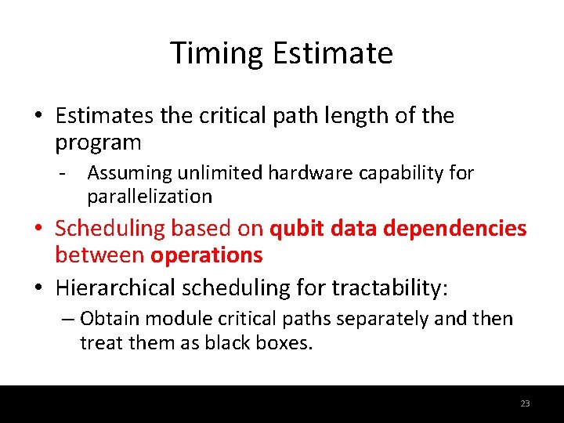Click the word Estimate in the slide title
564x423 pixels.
[x=333, y=53]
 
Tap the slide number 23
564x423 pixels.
[x=525, y=403]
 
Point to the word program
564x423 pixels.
[x=98, y=143]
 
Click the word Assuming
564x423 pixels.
[x=129, y=173]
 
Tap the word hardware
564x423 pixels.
[x=312, y=173]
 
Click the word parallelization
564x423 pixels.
[x=150, y=196]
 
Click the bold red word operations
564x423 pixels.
[x=207, y=255]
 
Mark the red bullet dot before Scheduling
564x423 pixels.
[x=38, y=230]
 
